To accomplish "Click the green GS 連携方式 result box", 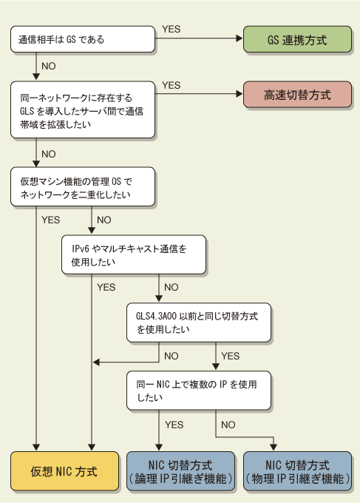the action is click(297, 39).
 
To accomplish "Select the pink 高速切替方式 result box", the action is click(297, 95).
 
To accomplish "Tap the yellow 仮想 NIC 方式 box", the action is click(64, 471).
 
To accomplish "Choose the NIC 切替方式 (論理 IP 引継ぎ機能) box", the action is click(180, 471).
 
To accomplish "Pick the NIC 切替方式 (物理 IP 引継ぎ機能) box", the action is click(297, 471).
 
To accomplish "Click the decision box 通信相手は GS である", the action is click(83, 39).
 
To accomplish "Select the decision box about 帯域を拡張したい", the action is click(83, 109).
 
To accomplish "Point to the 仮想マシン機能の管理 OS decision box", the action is click(83, 186).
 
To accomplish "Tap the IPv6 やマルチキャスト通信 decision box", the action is click(134, 254).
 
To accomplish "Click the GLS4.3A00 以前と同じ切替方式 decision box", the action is click(199, 323).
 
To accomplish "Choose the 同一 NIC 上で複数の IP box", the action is click(199, 391).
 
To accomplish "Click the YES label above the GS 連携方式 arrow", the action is click(171, 29).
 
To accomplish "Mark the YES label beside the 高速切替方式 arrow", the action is click(171, 85).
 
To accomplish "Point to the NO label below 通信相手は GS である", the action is click(49, 66).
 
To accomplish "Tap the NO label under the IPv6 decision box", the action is click(171, 287).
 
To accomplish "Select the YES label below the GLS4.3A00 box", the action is click(230, 356).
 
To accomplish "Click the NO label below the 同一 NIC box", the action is click(228, 425).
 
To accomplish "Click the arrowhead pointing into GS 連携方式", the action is click(240, 38).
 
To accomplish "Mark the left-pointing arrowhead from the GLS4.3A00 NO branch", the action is click(96, 362).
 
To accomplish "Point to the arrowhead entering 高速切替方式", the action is click(240, 94).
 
